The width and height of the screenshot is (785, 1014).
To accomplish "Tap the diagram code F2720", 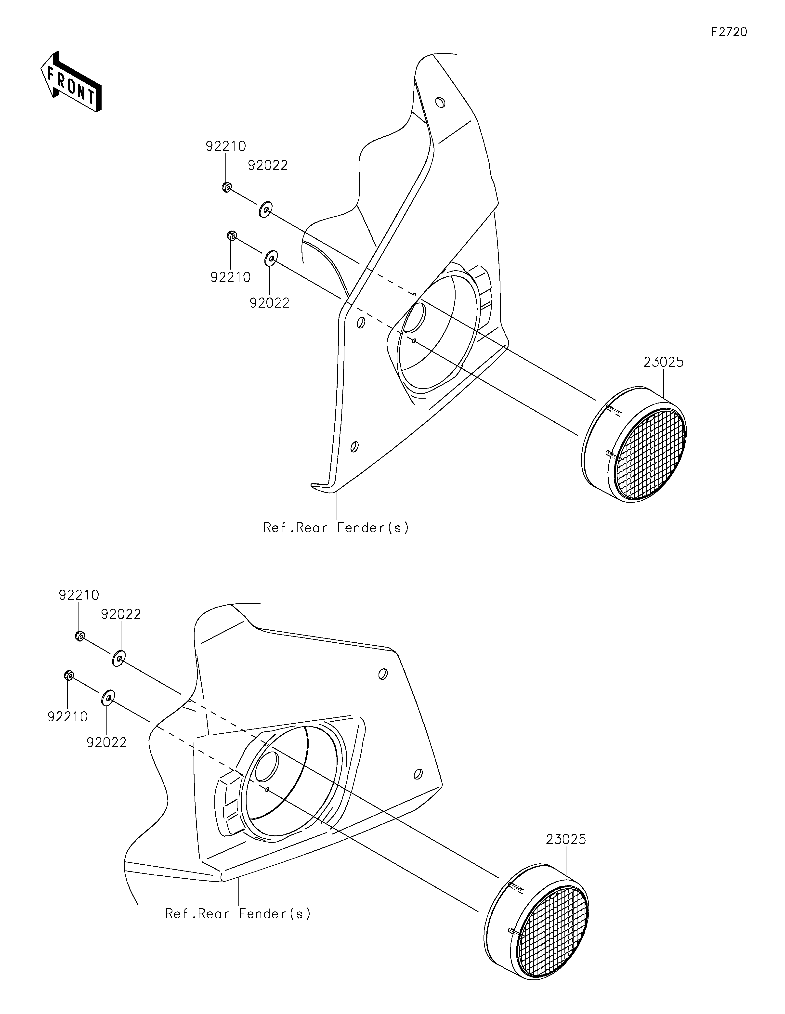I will (729, 32).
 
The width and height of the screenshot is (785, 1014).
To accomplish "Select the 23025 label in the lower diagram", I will (566, 839).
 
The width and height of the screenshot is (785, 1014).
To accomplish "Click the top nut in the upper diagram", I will (226, 188).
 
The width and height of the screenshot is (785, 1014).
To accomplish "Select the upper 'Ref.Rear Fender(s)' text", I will (336, 528).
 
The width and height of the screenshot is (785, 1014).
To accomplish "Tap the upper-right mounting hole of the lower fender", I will (383, 674).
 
